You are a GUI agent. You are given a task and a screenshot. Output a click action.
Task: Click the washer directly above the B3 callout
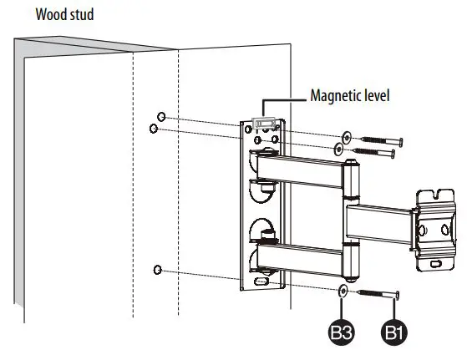tap(343, 292)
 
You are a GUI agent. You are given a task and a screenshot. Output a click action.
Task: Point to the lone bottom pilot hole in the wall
tap(157, 269)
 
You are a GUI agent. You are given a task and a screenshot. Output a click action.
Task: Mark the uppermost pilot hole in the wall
tap(161, 117)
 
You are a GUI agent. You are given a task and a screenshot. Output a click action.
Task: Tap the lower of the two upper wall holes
tap(153, 129)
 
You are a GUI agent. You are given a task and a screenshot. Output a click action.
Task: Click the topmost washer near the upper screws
tap(345, 135)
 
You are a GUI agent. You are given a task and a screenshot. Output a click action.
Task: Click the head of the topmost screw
tap(401, 140)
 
